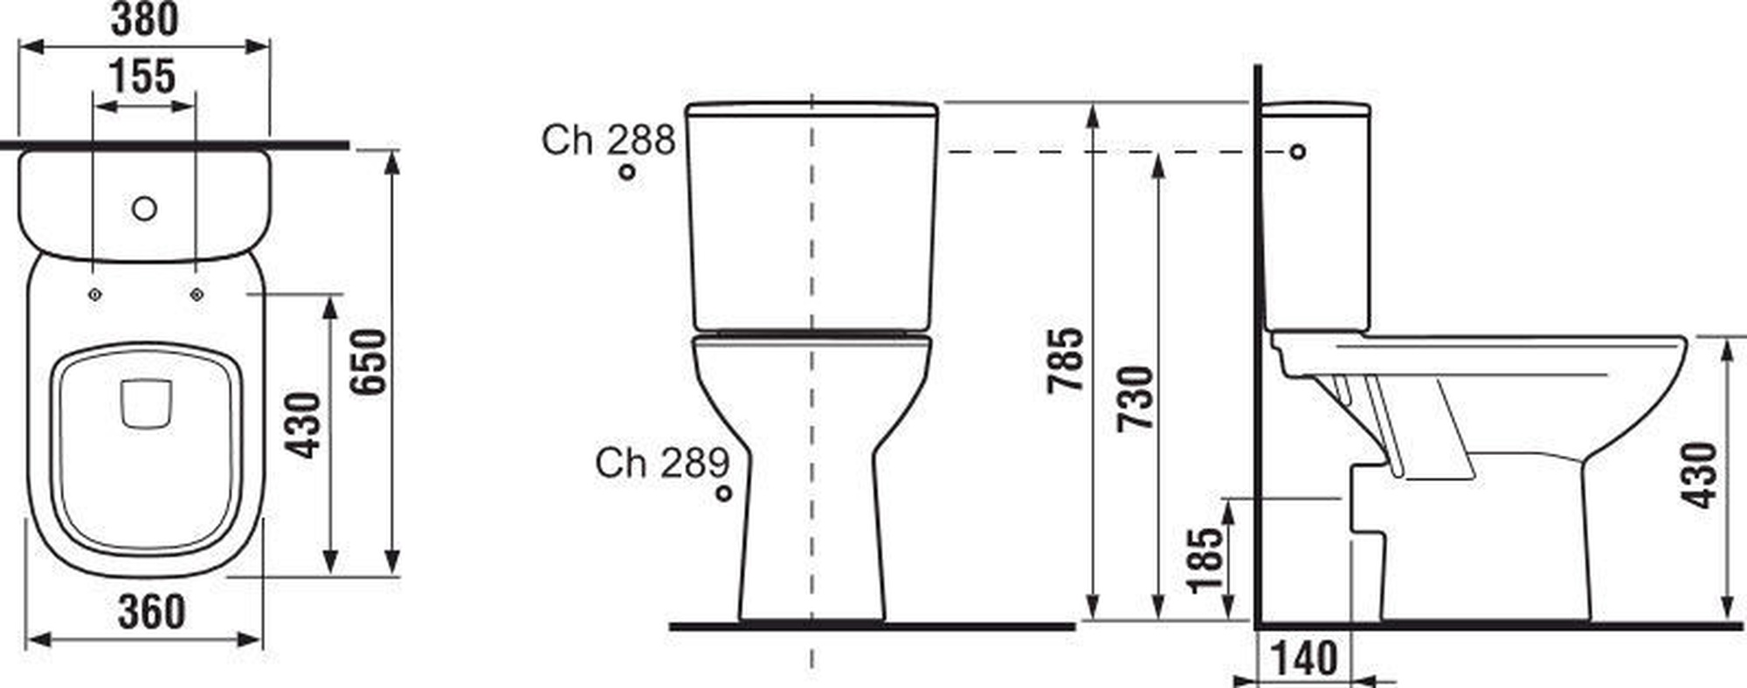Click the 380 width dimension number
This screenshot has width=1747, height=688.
coord(145,19)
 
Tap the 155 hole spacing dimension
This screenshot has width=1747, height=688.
coord(143,76)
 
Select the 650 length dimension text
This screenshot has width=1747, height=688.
coord(368,362)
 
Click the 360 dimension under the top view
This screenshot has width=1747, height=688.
coord(151,612)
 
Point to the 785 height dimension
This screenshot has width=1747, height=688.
coord(1066,361)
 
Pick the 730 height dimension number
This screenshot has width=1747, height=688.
coord(1136,399)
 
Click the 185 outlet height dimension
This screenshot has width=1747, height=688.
coord(1206,560)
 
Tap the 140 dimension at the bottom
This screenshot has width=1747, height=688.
coord(1302,658)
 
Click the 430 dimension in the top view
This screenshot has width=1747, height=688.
coord(305,426)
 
